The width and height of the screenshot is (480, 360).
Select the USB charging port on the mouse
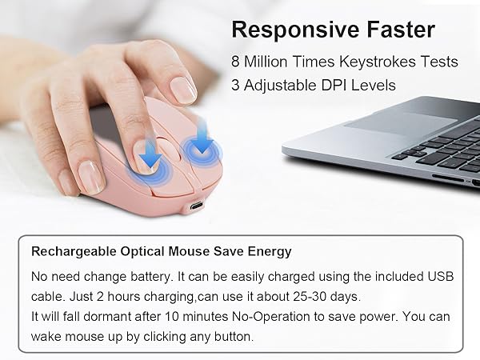click(197, 206)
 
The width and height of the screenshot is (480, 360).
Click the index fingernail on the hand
click(183, 89)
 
